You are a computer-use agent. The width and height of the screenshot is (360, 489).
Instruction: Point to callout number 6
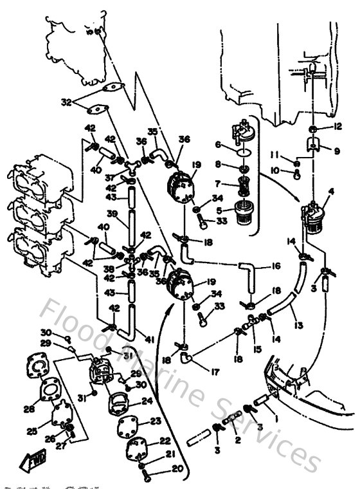point(218,144)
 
